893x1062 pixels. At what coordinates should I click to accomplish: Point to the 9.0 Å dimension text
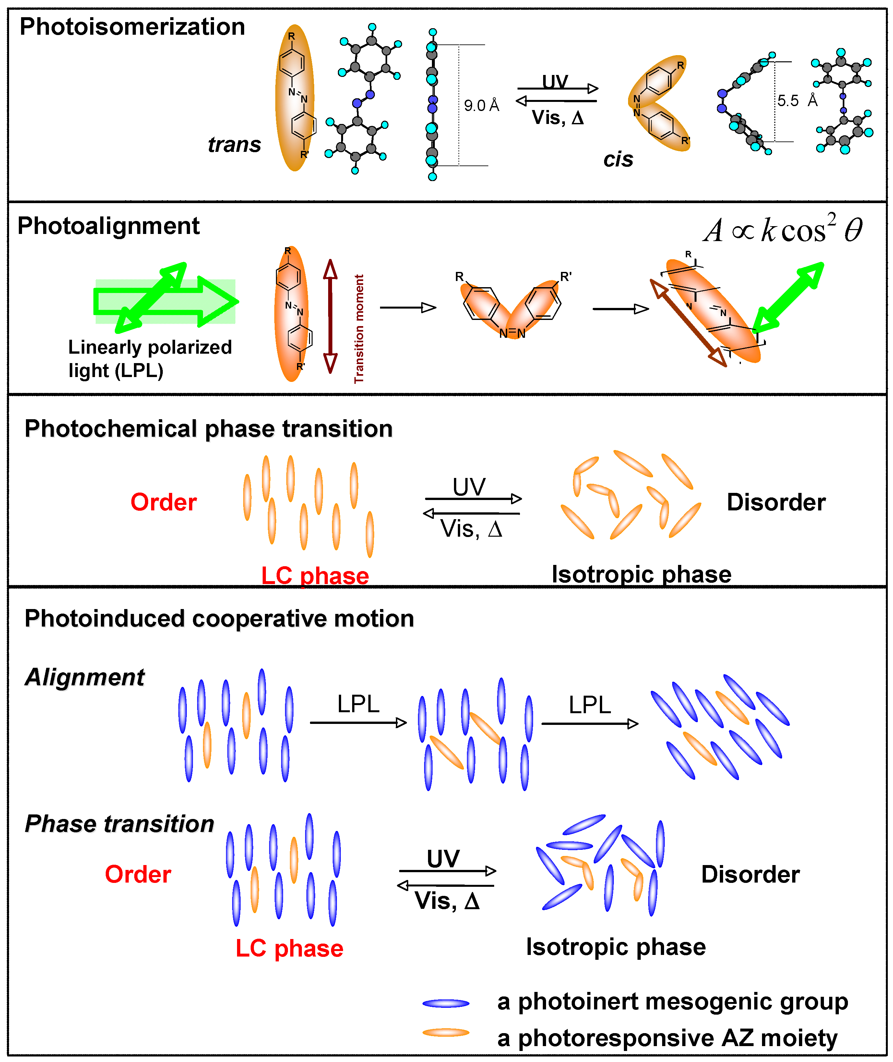coord(482,105)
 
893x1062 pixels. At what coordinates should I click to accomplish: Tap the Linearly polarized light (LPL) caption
coord(150,359)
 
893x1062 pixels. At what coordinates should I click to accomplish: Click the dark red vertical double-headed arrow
coord(330,317)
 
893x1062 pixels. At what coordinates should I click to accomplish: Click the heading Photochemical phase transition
coord(208,429)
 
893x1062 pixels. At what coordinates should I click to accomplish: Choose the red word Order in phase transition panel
coord(163,502)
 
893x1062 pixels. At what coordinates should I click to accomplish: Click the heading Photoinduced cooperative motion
coord(219,619)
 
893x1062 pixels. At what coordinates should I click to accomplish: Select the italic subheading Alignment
coord(85,677)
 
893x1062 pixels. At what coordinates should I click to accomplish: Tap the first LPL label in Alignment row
coord(358,704)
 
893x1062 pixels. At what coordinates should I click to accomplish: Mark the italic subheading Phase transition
coord(119,824)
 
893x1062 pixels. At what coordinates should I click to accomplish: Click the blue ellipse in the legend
coord(446,1003)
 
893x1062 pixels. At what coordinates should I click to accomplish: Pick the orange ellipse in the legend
coord(446,1032)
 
